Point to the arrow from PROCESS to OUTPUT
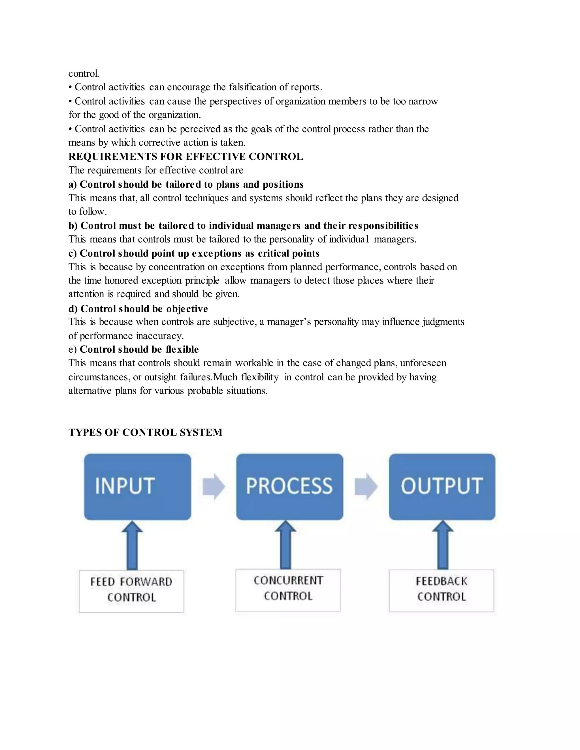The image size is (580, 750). pos(366,487)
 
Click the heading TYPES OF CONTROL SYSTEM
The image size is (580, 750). pos(145,432)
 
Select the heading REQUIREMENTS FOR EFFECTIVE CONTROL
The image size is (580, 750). pos(185,157)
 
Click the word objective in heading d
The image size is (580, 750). pos(187,309)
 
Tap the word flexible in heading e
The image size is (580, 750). pos(182,350)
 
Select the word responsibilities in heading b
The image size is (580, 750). pos(383,226)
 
